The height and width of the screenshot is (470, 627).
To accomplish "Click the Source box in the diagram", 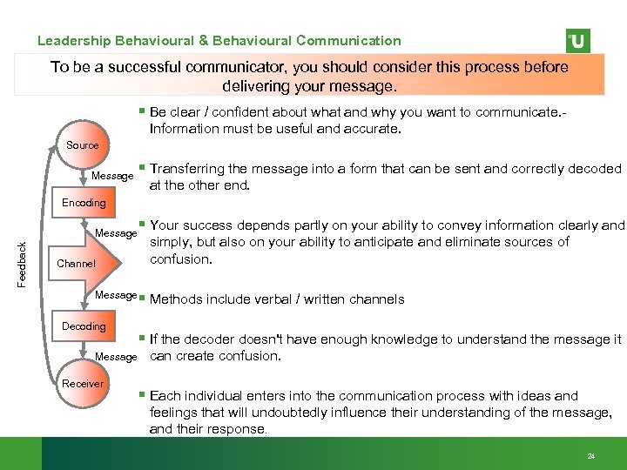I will (83, 145).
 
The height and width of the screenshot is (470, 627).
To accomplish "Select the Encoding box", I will (84, 203).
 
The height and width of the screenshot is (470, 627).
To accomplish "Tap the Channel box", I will (76, 264).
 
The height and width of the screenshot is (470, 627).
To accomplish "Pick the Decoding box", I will (84, 326).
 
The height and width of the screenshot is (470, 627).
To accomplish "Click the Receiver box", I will (84, 384).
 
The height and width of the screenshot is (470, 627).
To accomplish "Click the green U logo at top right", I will (577, 41).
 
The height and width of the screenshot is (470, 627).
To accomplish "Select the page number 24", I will (591, 456).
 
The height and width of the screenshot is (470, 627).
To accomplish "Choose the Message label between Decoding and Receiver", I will (116, 357).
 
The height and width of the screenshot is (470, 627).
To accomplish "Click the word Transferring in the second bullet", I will (189, 169).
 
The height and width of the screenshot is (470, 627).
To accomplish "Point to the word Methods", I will (177, 299).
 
